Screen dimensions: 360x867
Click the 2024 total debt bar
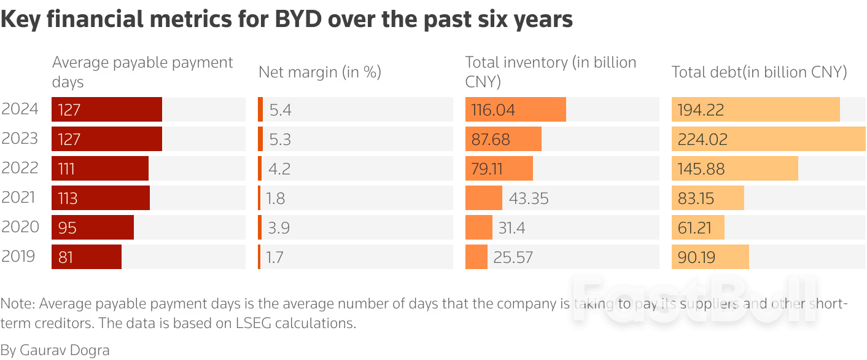755,109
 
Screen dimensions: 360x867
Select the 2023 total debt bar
768,139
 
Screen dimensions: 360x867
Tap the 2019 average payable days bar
87,257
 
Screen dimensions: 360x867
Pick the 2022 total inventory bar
499,168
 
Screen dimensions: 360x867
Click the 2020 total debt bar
698,227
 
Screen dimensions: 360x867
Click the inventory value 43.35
528,198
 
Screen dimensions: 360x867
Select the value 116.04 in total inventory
493,110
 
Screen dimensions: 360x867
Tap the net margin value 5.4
280,110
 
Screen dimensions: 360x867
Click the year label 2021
20,198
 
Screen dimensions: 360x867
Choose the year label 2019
20,257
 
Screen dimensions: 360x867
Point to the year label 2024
20,109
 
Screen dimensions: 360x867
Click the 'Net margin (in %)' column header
320,72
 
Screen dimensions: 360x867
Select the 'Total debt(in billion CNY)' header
759,72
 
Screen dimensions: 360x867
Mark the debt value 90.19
696,257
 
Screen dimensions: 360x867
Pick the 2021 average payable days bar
101,198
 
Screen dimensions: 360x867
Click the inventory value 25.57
513,257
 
